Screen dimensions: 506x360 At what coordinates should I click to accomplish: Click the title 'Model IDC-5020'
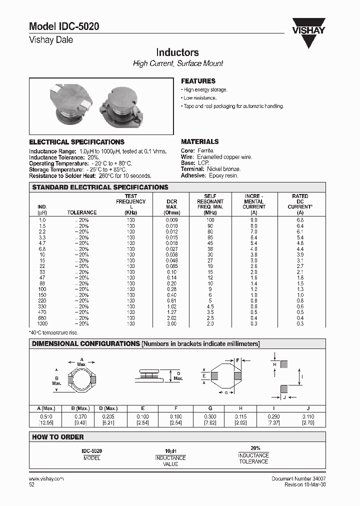60,27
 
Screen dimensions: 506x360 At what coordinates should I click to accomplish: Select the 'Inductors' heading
177,52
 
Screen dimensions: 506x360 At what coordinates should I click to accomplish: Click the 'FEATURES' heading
198,81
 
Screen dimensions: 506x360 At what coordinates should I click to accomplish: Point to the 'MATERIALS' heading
199,141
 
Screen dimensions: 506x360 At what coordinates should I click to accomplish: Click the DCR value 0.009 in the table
171,220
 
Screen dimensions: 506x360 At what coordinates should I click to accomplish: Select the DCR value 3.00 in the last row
171,323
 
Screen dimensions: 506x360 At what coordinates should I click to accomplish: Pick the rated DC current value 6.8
300,220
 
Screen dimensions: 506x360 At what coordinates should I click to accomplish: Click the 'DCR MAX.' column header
171,206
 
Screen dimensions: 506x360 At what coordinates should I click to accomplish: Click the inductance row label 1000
42,323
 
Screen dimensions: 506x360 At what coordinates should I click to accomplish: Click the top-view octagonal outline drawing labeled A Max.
81,379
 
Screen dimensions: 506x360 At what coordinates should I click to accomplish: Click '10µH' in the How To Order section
170,450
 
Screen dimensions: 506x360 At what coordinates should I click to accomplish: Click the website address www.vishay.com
46,478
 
